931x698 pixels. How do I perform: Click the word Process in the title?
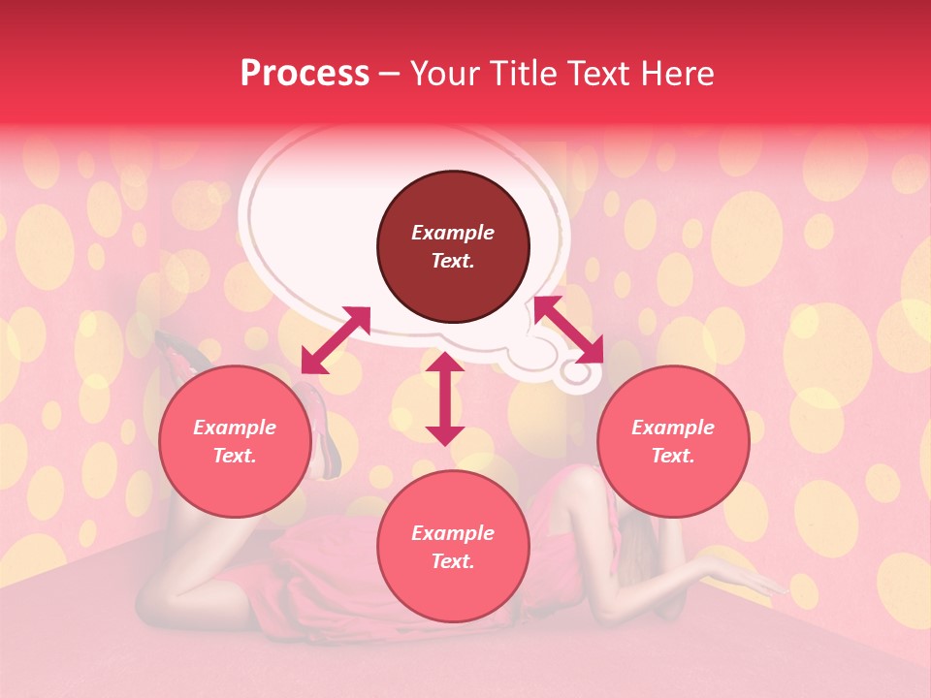[x=305, y=74]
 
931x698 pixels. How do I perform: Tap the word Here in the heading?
[x=677, y=74]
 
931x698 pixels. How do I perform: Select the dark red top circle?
[x=453, y=247]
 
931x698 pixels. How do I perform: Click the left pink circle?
[x=235, y=441]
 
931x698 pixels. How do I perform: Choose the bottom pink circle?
[x=453, y=547]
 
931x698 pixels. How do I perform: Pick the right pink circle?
[x=673, y=441]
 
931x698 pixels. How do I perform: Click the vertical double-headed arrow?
[x=445, y=398]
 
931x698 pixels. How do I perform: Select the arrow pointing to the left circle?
[x=336, y=340]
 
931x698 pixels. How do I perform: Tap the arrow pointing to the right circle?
[x=567, y=329]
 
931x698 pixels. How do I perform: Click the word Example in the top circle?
[x=453, y=233]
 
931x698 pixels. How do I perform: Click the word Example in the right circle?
[x=673, y=428]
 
